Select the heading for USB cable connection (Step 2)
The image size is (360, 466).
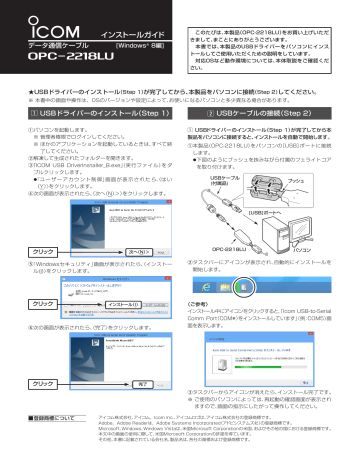267,88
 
